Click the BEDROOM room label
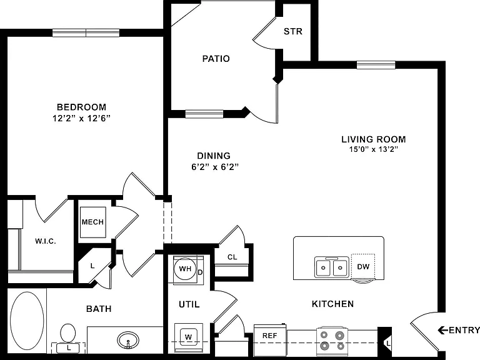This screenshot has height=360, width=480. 82,107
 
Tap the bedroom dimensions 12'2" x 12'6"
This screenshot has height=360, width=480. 81,118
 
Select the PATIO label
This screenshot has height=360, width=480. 216,59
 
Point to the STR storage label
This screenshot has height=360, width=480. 293,31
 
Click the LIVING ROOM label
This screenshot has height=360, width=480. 374,139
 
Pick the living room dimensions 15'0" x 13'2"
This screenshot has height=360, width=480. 374,149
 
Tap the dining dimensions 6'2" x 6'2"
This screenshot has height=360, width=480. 215,167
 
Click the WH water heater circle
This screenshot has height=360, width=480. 185,269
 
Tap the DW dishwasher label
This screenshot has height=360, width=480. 363,267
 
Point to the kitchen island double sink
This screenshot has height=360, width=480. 331,267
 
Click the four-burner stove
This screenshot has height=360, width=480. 332,340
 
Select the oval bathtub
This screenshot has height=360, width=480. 27,321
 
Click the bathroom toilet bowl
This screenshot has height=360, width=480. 68,333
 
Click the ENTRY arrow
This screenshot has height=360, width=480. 442,330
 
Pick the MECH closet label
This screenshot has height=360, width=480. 92,222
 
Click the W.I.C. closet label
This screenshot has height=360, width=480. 46,241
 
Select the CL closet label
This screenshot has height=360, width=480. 232,257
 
